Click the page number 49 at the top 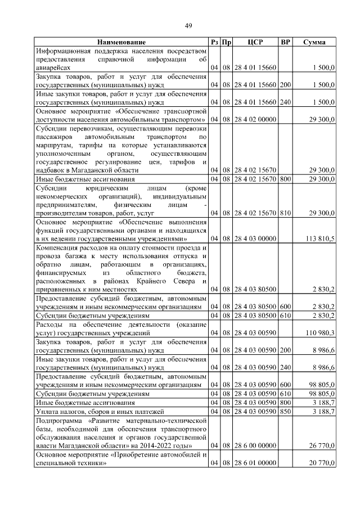188,25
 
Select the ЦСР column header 255,43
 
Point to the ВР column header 285,43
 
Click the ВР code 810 285,214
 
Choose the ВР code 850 285,412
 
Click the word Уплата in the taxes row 47,412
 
